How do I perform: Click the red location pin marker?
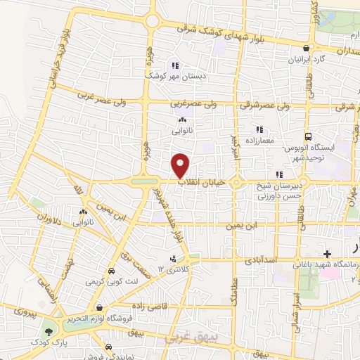click(181, 165)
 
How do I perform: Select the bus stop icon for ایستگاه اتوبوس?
click(307, 137)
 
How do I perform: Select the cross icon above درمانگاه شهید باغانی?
click(327, 253)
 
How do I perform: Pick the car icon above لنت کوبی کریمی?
click(111, 271)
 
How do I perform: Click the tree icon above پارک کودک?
click(48, 332)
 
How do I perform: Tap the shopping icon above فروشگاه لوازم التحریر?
click(100, 307)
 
